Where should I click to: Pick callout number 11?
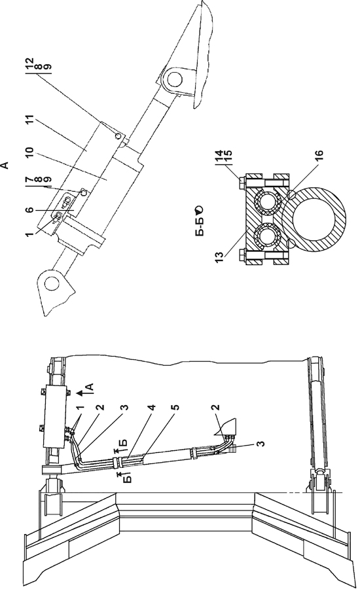pyautogui.click(x=31, y=121)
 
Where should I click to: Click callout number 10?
pyautogui.click(x=31, y=154)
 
